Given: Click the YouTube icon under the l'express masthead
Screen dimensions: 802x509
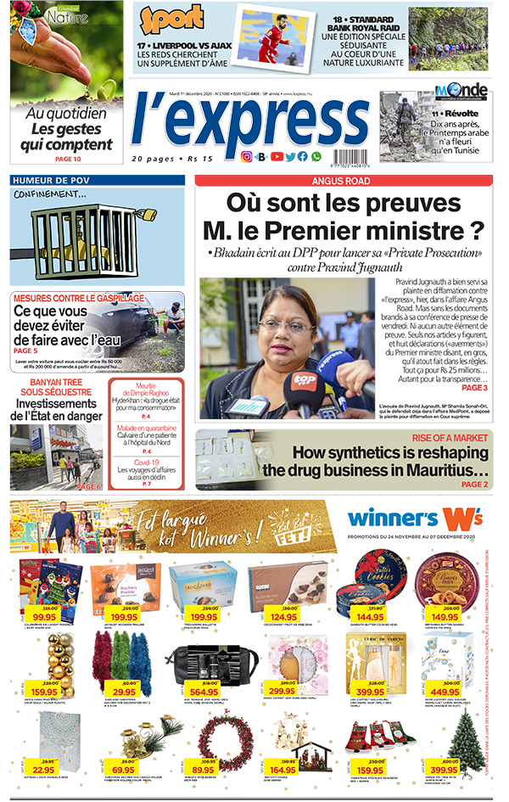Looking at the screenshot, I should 277,156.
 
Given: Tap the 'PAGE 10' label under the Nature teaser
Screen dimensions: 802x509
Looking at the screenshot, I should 68,159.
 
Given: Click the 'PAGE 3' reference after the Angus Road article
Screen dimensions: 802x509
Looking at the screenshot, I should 473,387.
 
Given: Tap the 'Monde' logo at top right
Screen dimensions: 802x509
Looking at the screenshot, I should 461,90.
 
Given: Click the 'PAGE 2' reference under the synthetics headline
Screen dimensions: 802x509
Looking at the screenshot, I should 474,484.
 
